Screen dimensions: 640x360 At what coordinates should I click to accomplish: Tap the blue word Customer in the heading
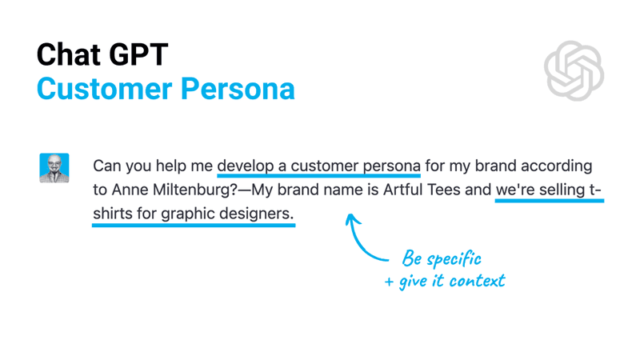pyautogui.click(x=105, y=89)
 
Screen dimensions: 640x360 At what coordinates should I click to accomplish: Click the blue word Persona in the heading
pyautogui.click(x=238, y=89)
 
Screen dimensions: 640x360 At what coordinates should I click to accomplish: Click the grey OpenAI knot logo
pyautogui.click(x=574, y=70)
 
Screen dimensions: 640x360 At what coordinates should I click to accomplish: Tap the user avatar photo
pyautogui.click(x=54, y=168)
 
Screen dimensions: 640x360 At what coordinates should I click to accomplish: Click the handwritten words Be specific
pyautogui.click(x=442, y=258)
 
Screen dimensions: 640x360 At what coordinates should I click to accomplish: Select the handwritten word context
pyautogui.click(x=477, y=281)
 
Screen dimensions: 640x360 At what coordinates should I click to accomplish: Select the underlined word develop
pyautogui.click(x=246, y=166)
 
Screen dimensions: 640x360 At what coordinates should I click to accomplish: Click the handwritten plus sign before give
pyautogui.click(x=389, y=282)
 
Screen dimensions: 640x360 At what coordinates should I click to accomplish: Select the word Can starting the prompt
pyautogui.click(x=107, y=166)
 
